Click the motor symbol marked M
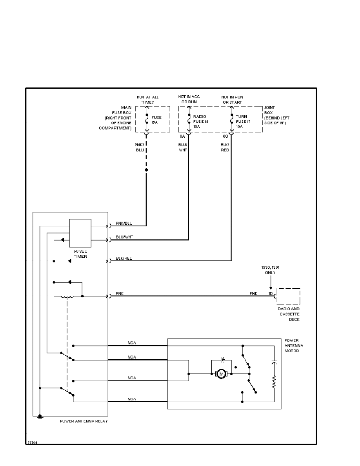pyautogui.click(x=221, y=374)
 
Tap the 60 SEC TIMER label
pyautogui.click(x=80, y=253)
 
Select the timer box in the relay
pyautogui.click(x=80, y=233)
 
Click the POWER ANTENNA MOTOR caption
pyautogui.click(x=294, y=346)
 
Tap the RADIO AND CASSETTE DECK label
pyautogui.click(x=288, y=314)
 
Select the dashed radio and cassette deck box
pyautogui.click(x=288, y=296)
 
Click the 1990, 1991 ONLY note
pyautogui.click(x=270, y=270)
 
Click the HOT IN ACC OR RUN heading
pyautogui.click(x=189, y=99)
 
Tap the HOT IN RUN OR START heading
pyautogui.click(x=231, y=99)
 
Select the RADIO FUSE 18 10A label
pyautogui.click(x=200, y=122)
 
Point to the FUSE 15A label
pyautogui.click(x=156, y=120)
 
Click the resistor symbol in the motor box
pyautogui.click(x=274, y=382)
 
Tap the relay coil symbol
pyautogui.click(x=67, y=297)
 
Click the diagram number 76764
pyautogui.click(x=32, y=442)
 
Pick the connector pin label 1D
pyautogui.click(x=271, y=293)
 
